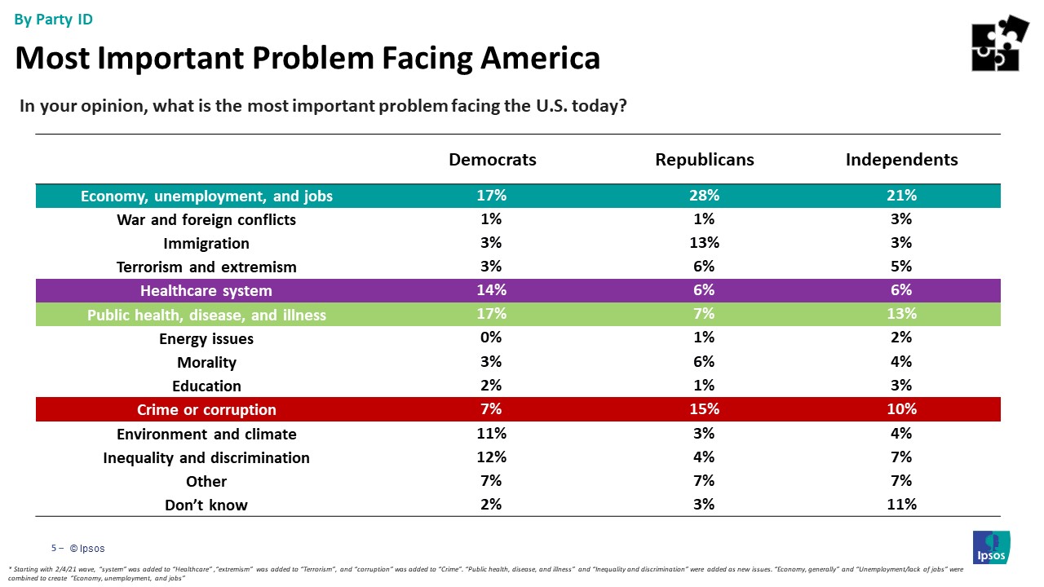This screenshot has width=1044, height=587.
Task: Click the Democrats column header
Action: (493, 160)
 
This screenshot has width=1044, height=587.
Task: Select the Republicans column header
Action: (705, 160)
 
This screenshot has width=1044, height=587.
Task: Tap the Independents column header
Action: (901, 160)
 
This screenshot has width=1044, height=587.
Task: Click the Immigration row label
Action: (206, 244)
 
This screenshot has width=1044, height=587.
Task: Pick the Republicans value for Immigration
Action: (704, 243)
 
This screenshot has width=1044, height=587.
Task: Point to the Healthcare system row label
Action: (206, 291)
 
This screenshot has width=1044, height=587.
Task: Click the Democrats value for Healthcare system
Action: (492, 290)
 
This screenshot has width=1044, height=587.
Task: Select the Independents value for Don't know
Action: (901, 505)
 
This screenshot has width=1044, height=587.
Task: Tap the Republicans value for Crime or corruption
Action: (704, 409)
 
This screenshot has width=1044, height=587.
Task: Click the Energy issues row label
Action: (206, 339)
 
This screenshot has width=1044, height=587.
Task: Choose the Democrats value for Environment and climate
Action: (492, 434)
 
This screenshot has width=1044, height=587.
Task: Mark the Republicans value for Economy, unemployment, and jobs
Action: (704, 196)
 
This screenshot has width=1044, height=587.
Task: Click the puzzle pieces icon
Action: (999, 43)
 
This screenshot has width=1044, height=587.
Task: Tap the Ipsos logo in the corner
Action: (991, 547)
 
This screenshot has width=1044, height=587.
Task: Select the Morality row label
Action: (206, 363)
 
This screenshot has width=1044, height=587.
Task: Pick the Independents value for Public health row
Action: (901, 315)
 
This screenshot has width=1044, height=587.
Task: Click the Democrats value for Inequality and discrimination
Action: (492, 457)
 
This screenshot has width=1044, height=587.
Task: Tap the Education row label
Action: (206, 386)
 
